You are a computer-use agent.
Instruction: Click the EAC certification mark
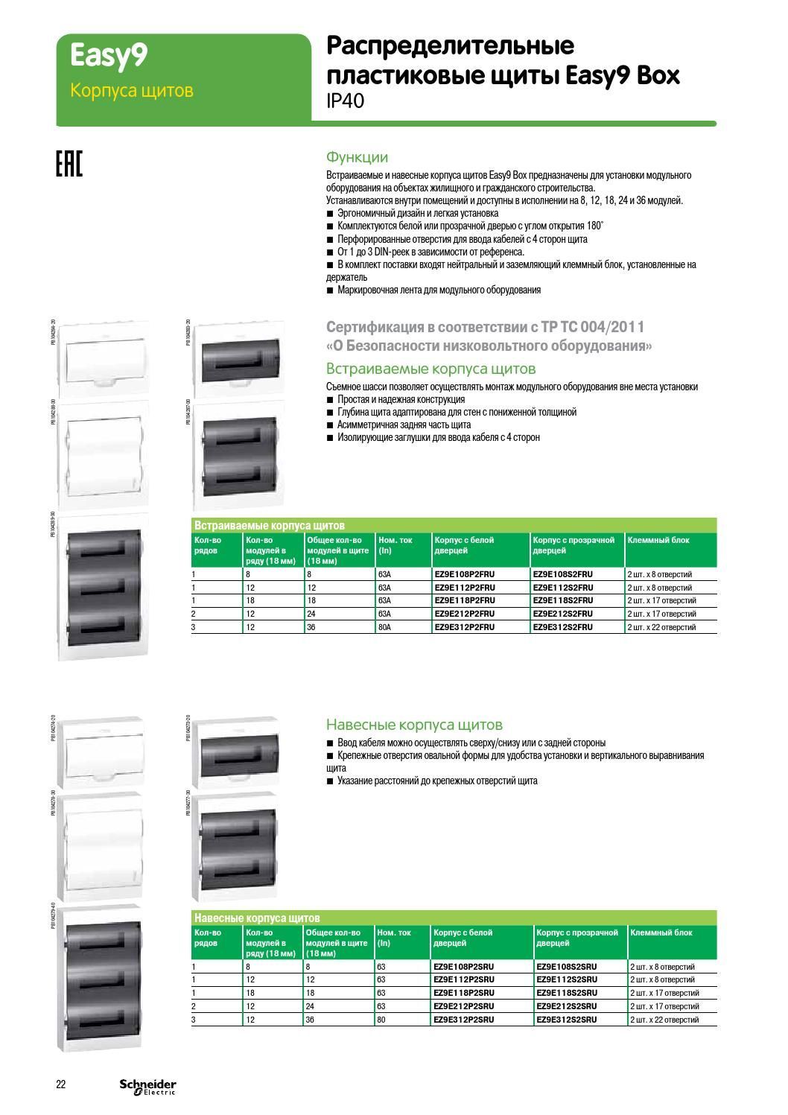point(69,165)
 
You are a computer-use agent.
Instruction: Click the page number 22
point(61,1084)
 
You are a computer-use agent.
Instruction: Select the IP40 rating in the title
point(346,101)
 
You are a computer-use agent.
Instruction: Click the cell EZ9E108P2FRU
point(464,574)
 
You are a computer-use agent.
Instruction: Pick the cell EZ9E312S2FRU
point(563,627)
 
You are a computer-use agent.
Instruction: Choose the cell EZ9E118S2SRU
point(566,993)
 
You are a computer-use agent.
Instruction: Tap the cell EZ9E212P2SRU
point(463,1006)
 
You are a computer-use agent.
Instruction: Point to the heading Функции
point(357,157)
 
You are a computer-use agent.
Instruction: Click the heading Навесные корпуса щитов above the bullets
point(414,725)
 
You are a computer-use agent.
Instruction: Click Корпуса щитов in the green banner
point(131,90)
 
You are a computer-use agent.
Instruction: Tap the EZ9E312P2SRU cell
point(463,1020)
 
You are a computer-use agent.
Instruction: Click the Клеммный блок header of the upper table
point(658,540)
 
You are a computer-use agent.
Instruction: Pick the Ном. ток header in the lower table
point(394,933)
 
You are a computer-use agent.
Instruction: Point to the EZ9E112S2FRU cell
point(563,588)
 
